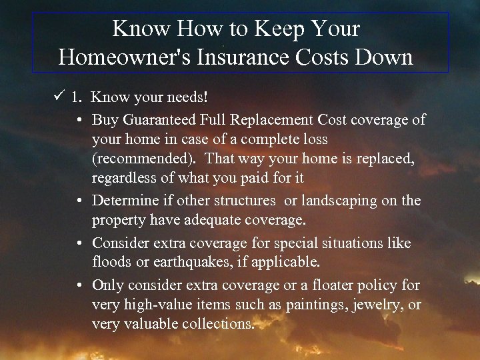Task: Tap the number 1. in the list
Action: (x=77, y=98)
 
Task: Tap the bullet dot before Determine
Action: (x=79, y=201)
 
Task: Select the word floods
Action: (x=111, y=263)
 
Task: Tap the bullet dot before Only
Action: (x=79, y=285)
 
